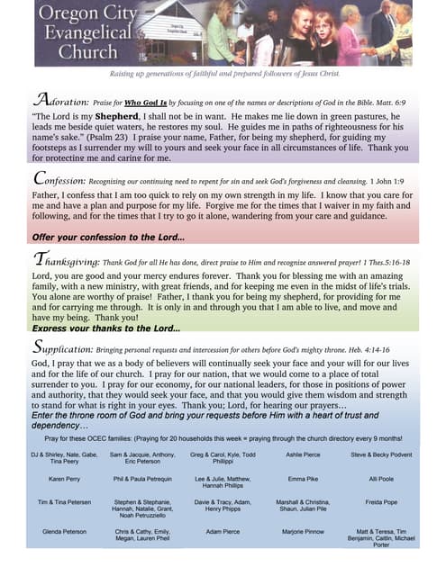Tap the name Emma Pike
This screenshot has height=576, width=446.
pyautogui.click(x=303, y=481)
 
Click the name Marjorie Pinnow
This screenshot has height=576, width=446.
pyautogui.click(x=303, y=532)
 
